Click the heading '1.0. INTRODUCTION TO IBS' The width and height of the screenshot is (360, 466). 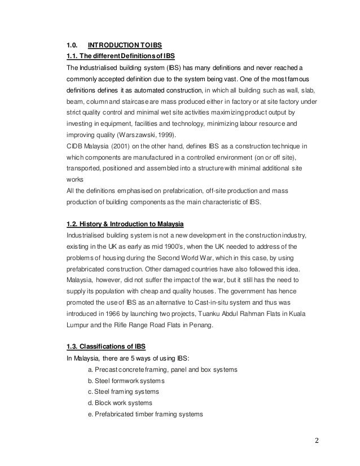click(x=113, y=45)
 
